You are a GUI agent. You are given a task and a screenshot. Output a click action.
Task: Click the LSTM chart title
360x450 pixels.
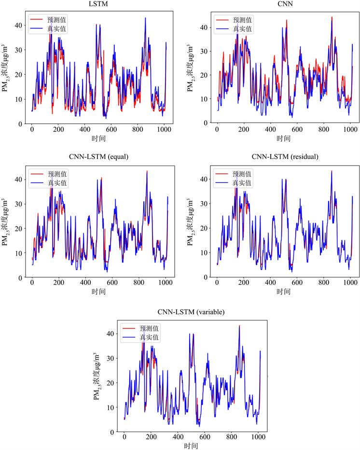tap(98, 4)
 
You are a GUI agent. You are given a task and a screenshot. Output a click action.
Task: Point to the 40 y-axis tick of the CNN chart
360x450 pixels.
tap(203, 27)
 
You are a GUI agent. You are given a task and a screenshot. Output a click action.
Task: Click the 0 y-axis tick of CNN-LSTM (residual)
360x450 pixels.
tap(205, 278)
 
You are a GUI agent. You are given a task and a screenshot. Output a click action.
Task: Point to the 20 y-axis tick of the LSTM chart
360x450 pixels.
tap(18, 74)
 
